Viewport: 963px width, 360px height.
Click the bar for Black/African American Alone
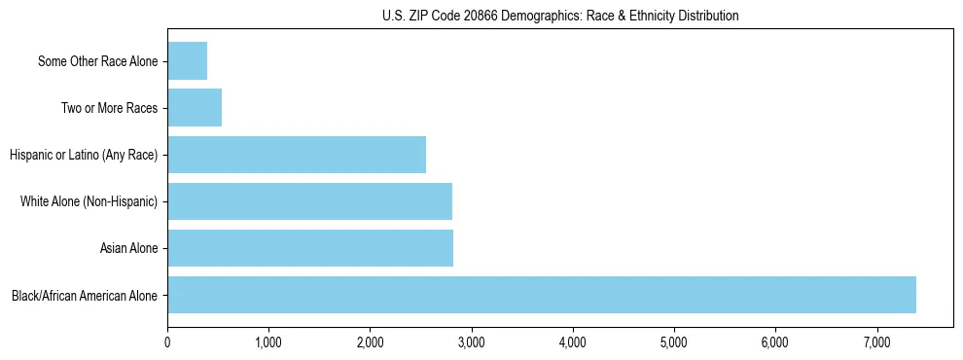[541, 295]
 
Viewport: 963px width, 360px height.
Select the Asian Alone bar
[309, 248]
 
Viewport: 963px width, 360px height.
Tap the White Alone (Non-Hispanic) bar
[309, 201]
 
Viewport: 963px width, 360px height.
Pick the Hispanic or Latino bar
[297, 155]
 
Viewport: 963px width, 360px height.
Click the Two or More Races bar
[195, 108]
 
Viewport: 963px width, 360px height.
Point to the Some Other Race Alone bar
[187, 61]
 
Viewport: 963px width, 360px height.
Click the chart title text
[560, 16]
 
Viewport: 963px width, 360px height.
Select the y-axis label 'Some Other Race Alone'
[97, 62]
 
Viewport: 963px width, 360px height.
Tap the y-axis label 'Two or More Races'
[109, 109]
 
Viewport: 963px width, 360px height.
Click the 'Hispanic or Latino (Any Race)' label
[84, 155]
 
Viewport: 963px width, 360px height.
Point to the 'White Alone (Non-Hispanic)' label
[89, 201]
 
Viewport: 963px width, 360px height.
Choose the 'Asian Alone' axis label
[128, 249]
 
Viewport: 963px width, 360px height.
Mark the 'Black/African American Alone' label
[85, 296]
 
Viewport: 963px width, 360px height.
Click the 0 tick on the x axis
[167, 342]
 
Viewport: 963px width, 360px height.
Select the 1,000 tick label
[268, 342]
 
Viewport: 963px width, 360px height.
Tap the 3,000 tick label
[471, 342]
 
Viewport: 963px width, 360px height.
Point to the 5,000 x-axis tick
[674, 342]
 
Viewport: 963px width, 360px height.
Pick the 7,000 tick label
[876, 342]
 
